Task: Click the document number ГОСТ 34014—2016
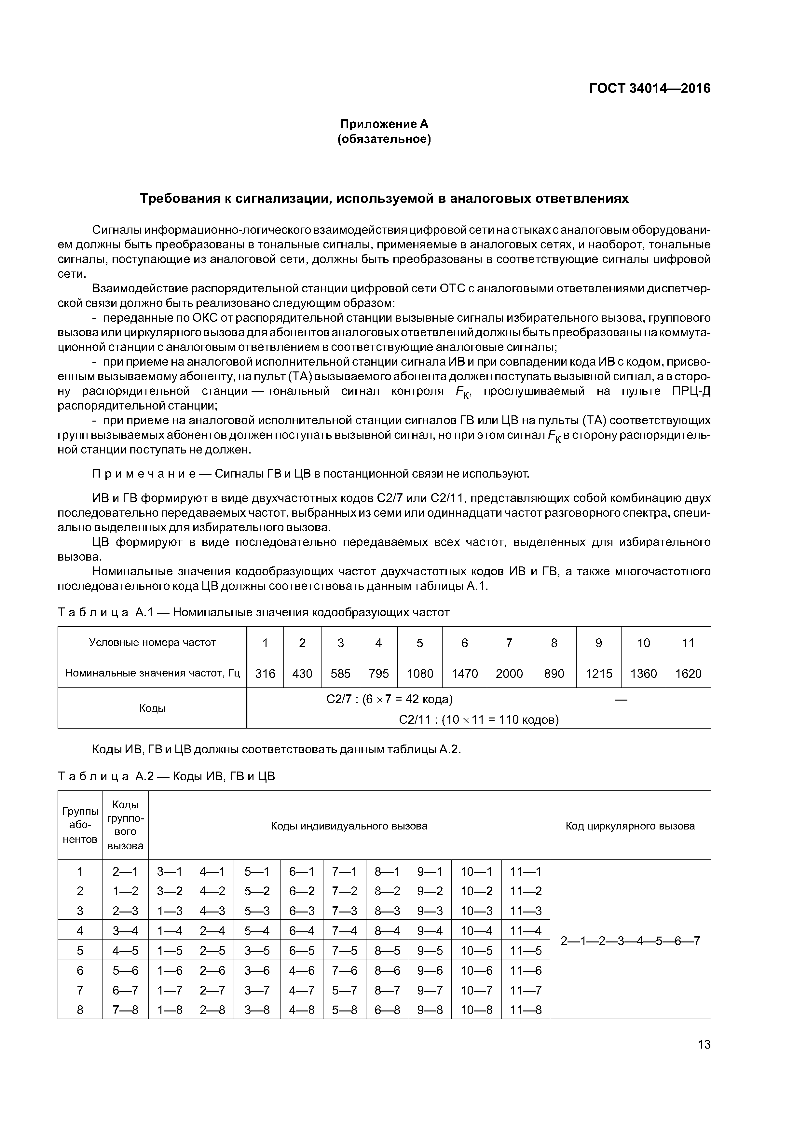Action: click(650, 89)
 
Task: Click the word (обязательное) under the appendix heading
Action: click(384, 139)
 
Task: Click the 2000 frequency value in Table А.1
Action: click(509, 674)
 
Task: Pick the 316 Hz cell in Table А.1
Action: click(265, 674)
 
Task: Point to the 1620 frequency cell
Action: click(688, 674)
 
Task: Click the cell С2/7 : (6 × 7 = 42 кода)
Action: click(389, 699)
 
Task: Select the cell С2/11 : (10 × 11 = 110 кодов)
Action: click(479, 720)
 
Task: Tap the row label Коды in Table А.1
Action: click(152, 708)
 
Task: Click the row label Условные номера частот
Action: click(152, 643)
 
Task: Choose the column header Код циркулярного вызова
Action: click(630, 826)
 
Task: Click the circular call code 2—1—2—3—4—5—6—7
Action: click(630, 941)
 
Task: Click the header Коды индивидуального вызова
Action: click(349, 826)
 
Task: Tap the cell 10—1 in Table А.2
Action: click(476, 871)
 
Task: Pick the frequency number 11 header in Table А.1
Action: click(688, 643)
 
